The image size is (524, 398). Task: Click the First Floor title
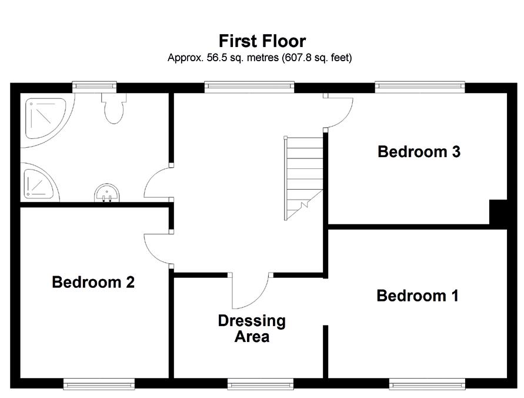pos(262,41)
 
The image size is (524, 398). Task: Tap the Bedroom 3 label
pos(419,151)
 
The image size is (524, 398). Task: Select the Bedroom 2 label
pos(94,282)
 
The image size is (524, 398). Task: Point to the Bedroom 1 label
pos(418,296)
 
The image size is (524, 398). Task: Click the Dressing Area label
pos(252,329)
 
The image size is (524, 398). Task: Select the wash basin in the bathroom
pos(106,193)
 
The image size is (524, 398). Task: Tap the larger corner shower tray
pos(46,119)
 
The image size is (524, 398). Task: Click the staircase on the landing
pos(303,178)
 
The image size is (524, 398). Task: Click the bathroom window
pos(95,87)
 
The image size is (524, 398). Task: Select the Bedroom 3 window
pos(420,87)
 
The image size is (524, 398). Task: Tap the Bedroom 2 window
pos(99,384)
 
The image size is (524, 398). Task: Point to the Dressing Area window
pos(261,384)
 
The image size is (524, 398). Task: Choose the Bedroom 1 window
pos(427,384)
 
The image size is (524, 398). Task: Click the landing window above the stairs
pos(249,87)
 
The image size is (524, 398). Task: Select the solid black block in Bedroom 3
pos(498,212)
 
